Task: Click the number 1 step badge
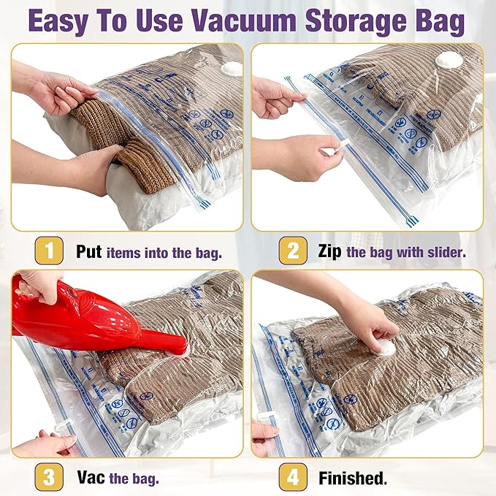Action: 48,252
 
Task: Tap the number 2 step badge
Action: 292,252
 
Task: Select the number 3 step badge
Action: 48,478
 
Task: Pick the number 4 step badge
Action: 292,478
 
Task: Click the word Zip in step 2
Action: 329,252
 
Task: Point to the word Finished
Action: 353,478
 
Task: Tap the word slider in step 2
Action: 448,253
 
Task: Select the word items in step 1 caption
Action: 127,253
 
